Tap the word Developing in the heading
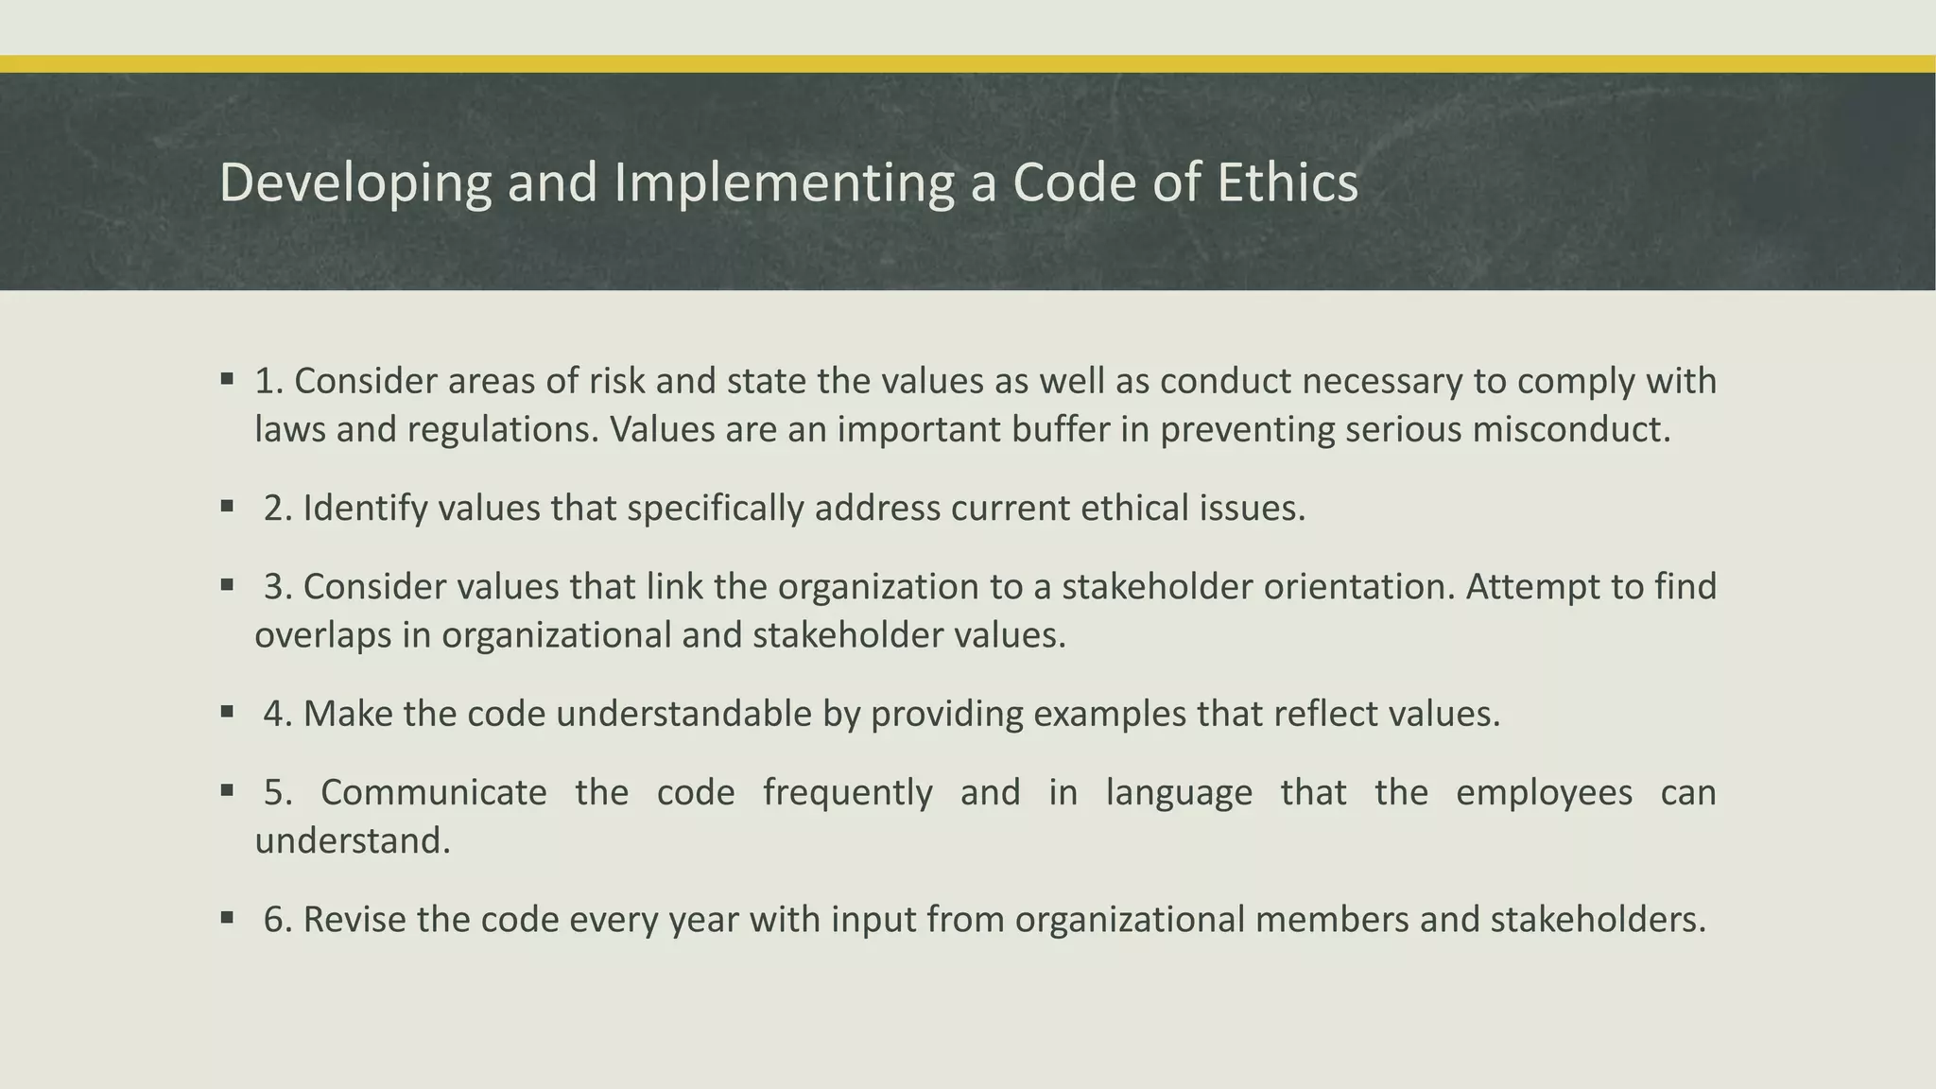coord(354,183)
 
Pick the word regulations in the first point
coord(504,430)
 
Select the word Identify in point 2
coord(365,509)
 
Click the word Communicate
coord(433,792)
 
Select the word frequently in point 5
coord(847,793)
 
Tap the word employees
coord(1544,793)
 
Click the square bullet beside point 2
coord(227,507)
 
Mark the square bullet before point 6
coord(227,917)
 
